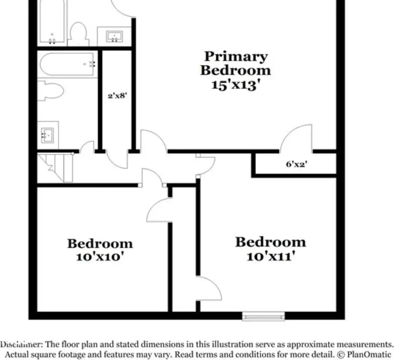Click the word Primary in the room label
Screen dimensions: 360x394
point(236,57)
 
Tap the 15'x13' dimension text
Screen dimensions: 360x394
point(236,84)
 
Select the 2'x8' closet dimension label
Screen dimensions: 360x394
point(117,96)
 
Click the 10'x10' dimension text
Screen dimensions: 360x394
point(100,257)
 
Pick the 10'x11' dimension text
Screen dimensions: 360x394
point(271,256)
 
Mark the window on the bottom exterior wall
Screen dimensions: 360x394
point(263,316)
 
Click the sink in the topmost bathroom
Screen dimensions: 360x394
point(114,36)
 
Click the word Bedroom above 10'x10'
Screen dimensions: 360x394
point(100,244)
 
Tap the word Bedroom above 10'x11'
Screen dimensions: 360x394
point(271,242)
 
